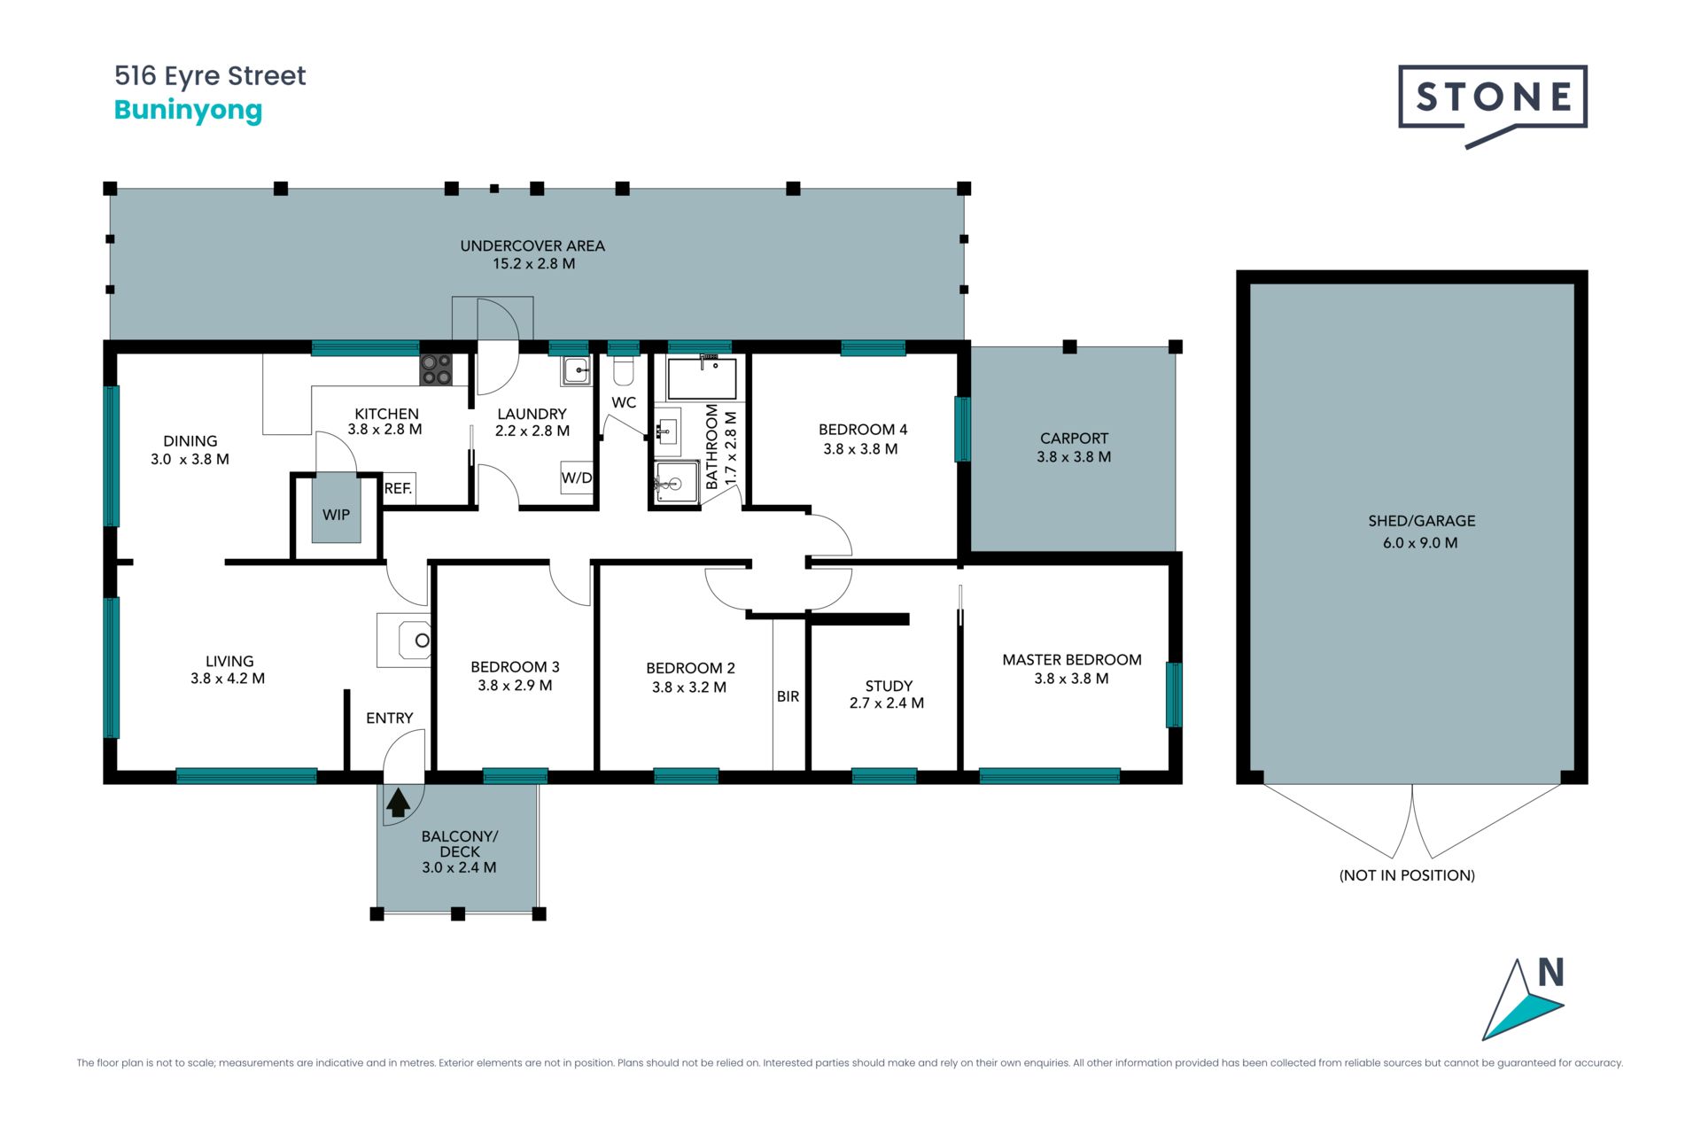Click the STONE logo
click(x=1493, y=105)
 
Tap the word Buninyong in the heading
click(x=189, y=111)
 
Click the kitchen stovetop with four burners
click(x=436, y=369)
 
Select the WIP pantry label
click(x=336, y=515)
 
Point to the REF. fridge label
click(x=398, y=488)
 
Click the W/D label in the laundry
click(x=577, y=478)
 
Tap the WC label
click(x=624, y=402)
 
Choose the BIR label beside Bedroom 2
click(x=788, y=696)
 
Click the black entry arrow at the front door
click(x=399, y=802)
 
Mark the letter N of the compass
click(x=1550, y=972)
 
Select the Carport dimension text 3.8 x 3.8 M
click(x=1074, y=457)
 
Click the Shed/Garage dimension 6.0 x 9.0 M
click(x=1420, y=543)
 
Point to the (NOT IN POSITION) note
click(x=1407, y=875)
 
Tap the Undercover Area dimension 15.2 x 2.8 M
click(x=534, y=264)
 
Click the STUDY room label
click(x=889, y=686)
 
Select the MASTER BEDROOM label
click(x=1072, y=660)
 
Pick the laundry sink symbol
click(x=576, y=370)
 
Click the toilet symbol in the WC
click(x=623, y=370)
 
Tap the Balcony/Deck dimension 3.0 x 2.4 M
click(x=459, y=868)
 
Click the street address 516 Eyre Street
click(x=210, y=76)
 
